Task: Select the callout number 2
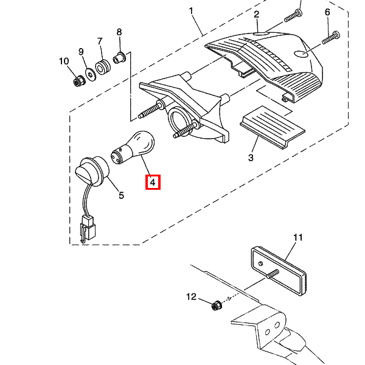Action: [256, 15]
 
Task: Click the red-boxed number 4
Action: [152, 181]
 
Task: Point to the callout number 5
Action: [121, 195]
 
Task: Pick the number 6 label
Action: [327, 12]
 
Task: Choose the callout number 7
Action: [100, 41]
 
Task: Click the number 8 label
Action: [119, 32]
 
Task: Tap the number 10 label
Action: [64, 61]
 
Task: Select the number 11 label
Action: [297, 237]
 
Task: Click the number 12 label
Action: [192, 297]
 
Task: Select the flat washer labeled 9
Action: [91, 74]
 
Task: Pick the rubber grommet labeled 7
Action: [103, 66]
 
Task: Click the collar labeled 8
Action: [119, 58]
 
